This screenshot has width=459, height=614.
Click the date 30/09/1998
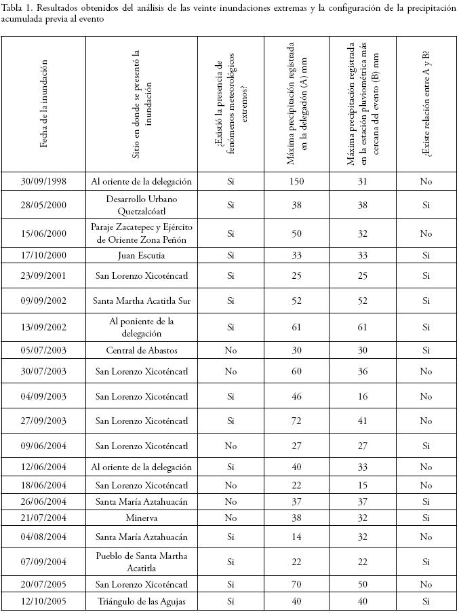(x=44, y=182)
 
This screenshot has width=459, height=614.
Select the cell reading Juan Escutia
(x=141, y=256)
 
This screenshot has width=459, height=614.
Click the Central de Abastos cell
(x=141, y=350)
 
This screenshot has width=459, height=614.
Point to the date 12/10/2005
(x=44, y=602)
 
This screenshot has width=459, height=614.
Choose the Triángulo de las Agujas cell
(x=141, y=602)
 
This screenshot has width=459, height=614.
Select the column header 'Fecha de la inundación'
(x=44, y=104)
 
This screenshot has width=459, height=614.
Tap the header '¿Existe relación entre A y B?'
(x=426, y=104)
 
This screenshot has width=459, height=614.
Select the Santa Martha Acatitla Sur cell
(x=141, y=301)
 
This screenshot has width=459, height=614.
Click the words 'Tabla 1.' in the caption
(x=17, y=8)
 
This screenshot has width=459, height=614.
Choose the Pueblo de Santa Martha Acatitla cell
(x=141, y=562)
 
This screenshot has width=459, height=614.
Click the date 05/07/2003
(x=44, y=350)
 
